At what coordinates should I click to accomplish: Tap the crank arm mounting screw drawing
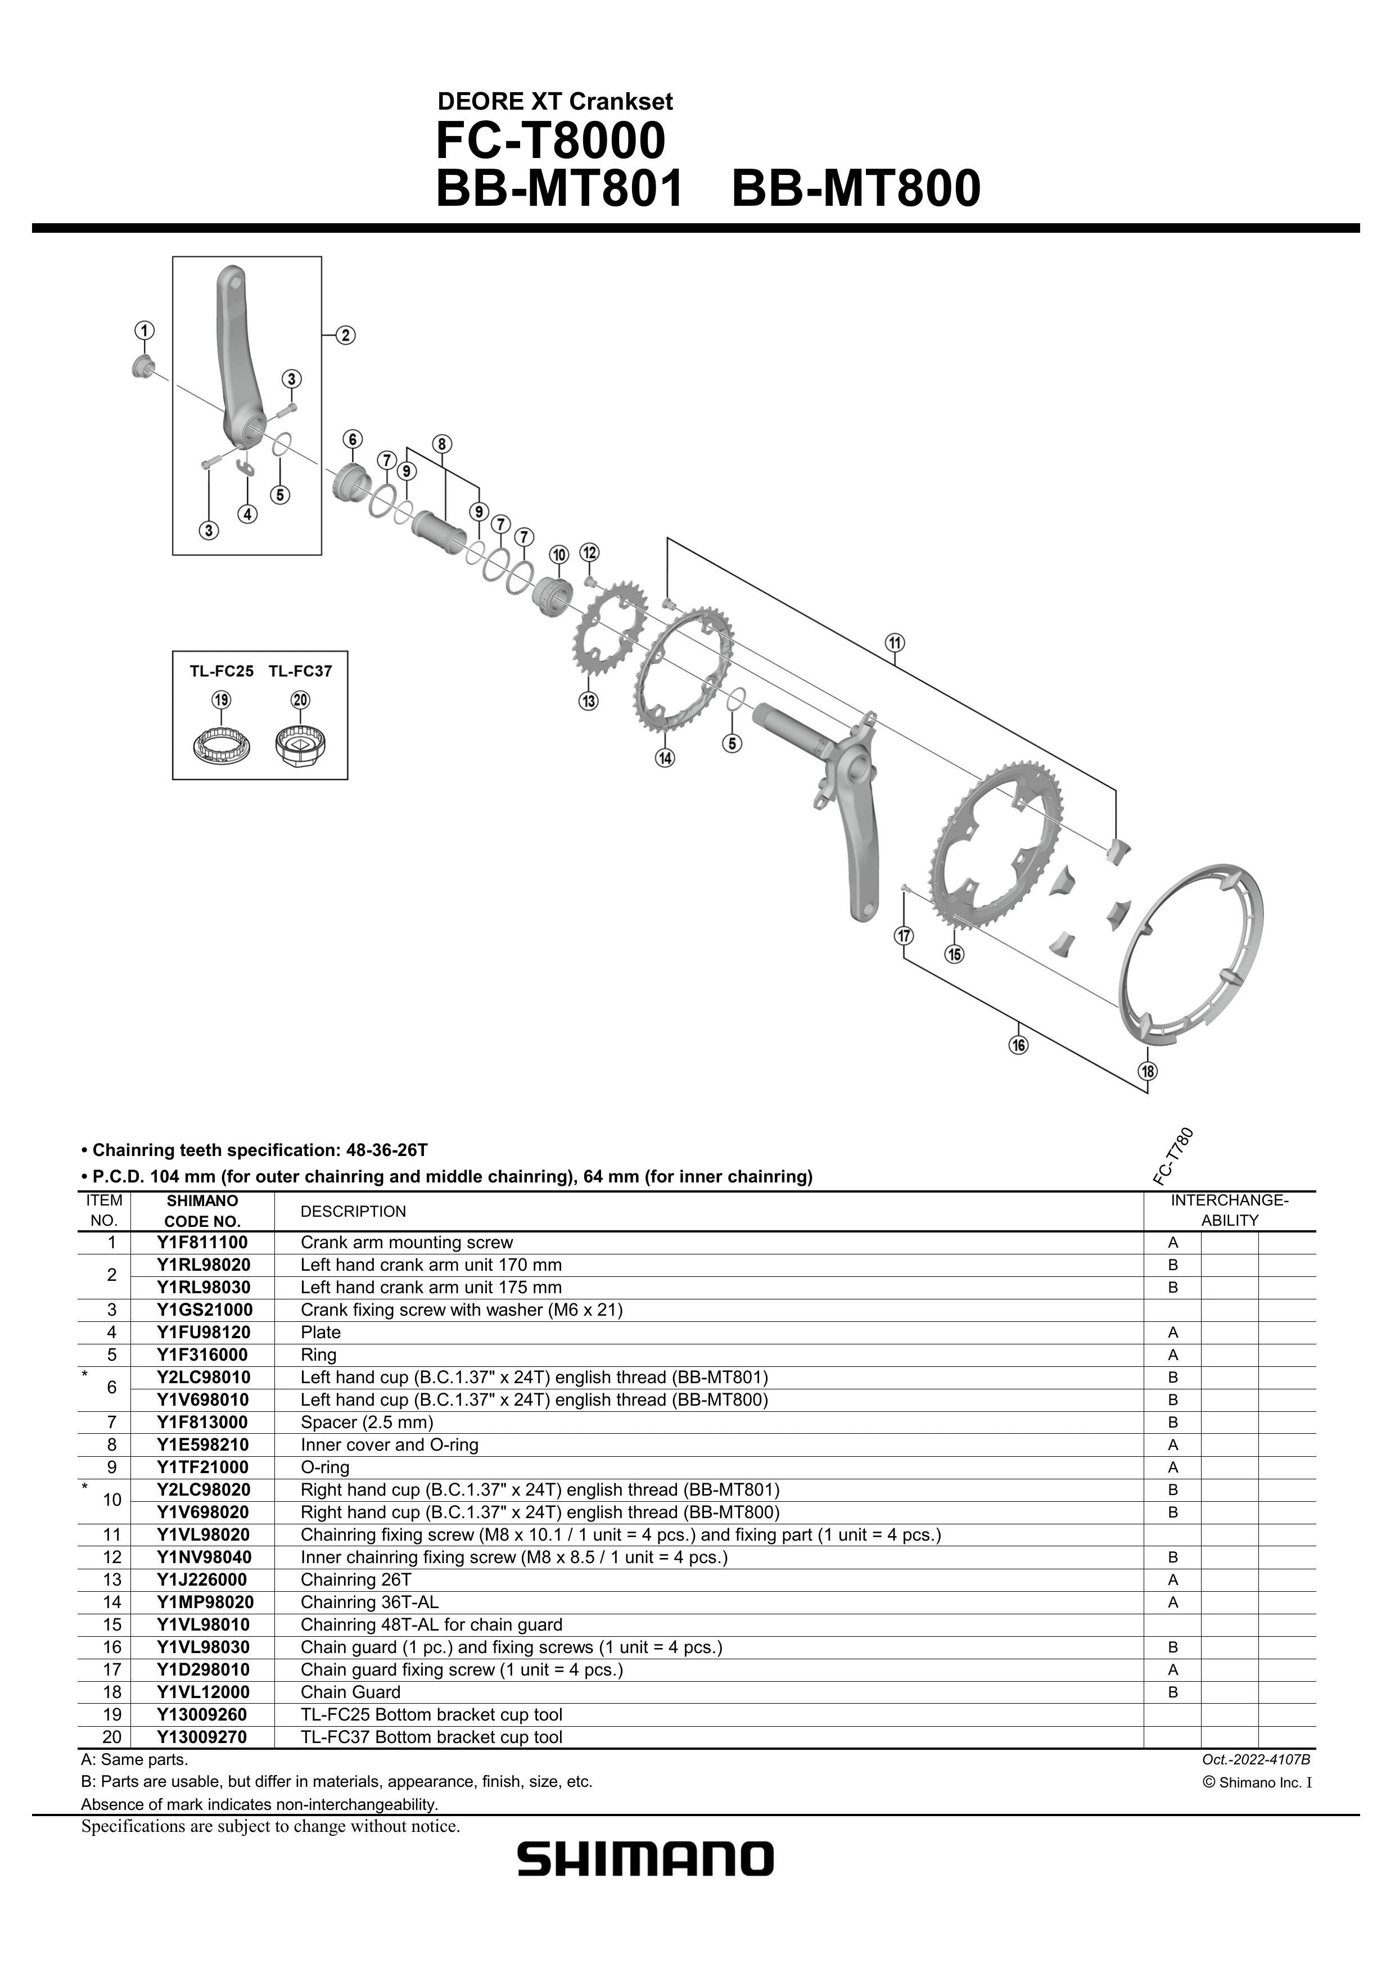(x=142, y=368)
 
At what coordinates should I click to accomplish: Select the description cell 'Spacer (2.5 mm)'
(x=367, y=1422)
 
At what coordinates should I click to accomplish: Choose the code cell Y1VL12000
(x=203, y=1692)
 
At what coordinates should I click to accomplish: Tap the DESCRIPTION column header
(x=353, y=1212)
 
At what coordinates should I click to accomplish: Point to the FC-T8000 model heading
(x=550, y=141)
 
